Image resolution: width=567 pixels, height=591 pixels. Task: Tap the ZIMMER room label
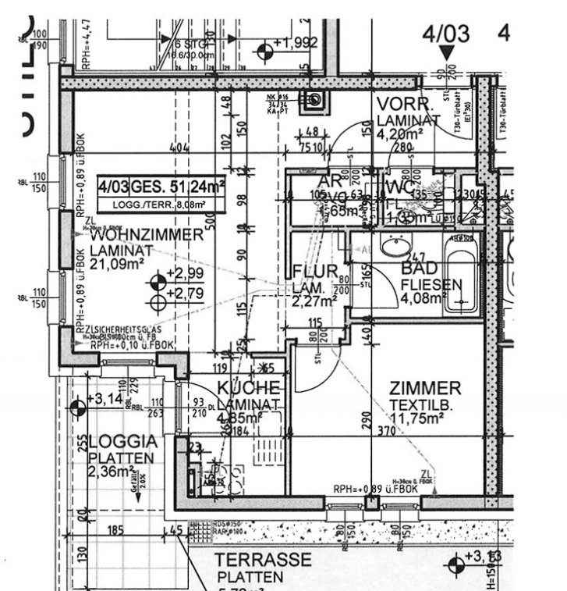[425, 389]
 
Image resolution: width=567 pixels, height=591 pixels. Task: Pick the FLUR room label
[315, 271]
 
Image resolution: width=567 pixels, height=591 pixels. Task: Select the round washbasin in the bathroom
[396, 249]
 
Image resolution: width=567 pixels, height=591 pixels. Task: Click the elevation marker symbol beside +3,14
[77, 406]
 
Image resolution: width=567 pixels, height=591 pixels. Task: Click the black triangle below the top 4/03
[446, 53]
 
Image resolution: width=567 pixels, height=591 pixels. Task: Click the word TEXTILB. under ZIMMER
[417, 405]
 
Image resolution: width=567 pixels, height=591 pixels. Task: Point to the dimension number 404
[181, 147]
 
